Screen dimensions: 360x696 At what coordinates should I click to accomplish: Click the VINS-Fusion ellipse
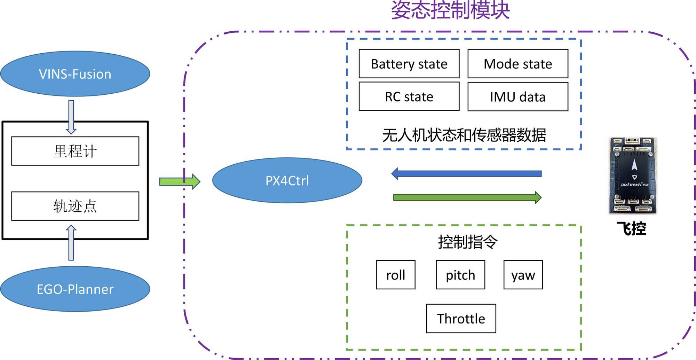75,74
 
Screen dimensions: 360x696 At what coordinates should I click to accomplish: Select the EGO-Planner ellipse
75,289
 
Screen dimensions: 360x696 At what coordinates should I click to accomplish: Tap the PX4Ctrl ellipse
287,180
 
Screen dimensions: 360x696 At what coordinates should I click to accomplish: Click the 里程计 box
75,151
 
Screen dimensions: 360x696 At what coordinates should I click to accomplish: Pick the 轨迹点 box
75,206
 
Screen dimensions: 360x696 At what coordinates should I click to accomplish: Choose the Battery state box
409,64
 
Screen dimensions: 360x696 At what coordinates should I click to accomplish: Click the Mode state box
518,64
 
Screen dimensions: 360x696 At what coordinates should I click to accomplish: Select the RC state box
409,96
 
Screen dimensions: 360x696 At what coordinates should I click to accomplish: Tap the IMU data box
518,97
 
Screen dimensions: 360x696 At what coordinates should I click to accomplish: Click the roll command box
396,275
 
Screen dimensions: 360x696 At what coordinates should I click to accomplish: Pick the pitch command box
460,275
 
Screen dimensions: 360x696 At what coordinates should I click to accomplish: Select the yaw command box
523,275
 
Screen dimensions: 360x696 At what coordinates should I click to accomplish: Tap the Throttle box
461,319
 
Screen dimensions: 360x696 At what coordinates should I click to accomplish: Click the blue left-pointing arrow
466,173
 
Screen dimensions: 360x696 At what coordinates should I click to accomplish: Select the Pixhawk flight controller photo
633,175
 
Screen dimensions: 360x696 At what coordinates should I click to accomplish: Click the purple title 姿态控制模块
450,10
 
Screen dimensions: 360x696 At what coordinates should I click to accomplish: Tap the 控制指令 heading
468,242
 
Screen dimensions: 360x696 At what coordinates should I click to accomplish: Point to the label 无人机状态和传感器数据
464,135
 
